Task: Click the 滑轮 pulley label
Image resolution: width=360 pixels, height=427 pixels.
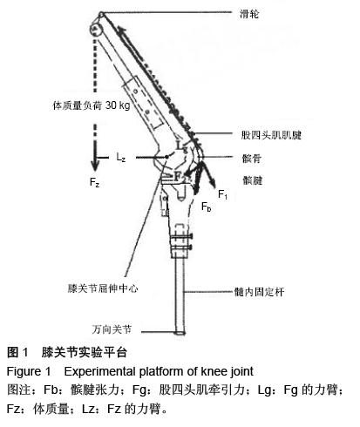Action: pyautogui.click(x=249, y=14)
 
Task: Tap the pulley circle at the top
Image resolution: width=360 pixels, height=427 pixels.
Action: pyautogui.click(x=95, y=29)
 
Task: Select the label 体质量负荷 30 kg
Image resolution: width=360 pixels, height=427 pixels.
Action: pyautogui.click(x=92, y=105)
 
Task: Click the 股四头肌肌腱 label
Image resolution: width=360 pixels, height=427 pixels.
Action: pyautogui.click(x=271, y=135)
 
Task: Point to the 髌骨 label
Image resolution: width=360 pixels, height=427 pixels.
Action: pyautogui.click(x=252, y=159)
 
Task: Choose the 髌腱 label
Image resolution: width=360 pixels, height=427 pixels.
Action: pyautogui.click(x=253, y=180)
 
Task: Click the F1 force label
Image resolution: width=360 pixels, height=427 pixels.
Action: pyautogui.click(x=222, y=194)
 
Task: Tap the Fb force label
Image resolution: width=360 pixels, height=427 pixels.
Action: pyautogui.click(x=206, y=207)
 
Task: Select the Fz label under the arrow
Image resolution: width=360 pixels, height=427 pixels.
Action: pyautogui.click(x=94, y=183)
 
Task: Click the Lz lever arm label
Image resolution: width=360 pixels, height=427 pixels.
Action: pyautogui.click(x=121, y=157)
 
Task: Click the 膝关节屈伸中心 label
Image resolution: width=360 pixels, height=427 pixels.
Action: pyautogui.click(x=103, y=288)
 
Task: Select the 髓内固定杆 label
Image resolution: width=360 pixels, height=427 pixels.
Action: pyautogui.click(x=259, y=292)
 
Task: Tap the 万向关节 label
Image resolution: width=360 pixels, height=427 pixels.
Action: pyautogui.click(x=112, y=329)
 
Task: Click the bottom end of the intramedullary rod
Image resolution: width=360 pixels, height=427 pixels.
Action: pyautogui.click(x=180, y=333)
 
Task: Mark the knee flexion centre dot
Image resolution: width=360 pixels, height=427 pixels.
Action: pyautogui.click(x=166, y=157)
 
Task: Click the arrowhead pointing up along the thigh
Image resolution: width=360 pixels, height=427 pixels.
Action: pyautogui.click(x=121, y=28)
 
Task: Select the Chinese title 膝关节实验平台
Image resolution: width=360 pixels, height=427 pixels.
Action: pyautogui.click(x=85, y=352)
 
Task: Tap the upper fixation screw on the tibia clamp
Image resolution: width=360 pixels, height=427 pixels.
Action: pyautogui.click(x=181, y=237)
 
